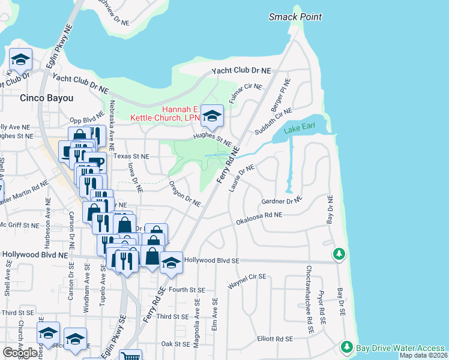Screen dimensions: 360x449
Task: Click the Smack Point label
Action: point(295,17)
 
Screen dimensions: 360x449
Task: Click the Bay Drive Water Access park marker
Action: point(346,347)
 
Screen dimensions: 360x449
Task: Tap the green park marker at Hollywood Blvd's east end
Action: point(339,254)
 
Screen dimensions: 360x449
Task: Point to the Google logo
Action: point(20,353)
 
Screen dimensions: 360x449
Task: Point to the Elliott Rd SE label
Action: point(274,338)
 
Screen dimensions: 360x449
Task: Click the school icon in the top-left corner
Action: point(20,59)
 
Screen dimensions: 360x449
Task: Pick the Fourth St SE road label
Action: point(187,289)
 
